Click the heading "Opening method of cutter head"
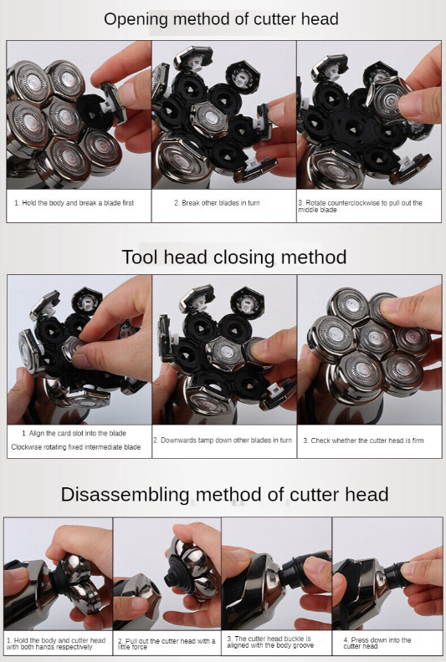click(221, 19)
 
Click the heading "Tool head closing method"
click(234, 257)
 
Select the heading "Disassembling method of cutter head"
click(224, 494)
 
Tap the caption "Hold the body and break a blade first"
click(74, 203)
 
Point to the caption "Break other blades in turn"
click(217, 203)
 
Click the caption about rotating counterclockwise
click(360, 206)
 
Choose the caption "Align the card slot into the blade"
click(74, 433)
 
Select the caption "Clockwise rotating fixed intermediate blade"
click(76, 447)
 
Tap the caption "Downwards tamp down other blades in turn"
click(223, 440)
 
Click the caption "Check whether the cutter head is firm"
click(363, 440)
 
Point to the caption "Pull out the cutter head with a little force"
click(167, 644)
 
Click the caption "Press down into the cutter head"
click(377, 643)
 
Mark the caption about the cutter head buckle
click(270, 642)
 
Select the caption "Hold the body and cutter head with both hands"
click(56, 644)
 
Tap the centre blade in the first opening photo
click(64, 119)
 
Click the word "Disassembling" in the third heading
click(126, 494)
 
